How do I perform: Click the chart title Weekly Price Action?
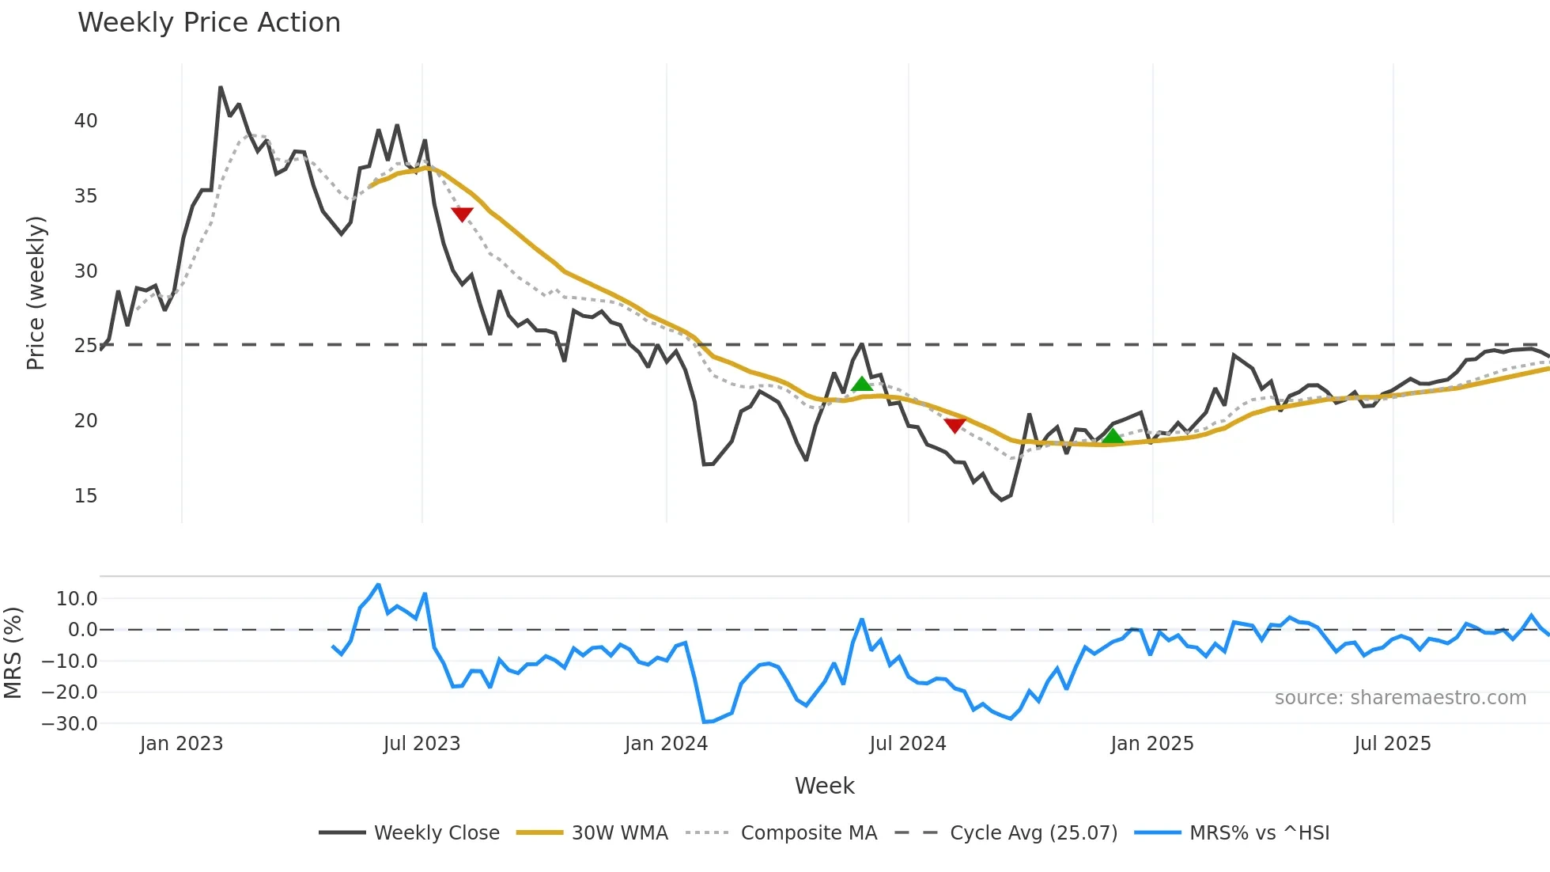pos(209,23)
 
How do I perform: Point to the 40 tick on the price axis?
pos(85,121)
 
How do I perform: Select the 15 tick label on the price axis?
pos(85,496)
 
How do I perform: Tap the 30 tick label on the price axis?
pos(85,271)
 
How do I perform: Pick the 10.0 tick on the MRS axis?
pos(77,599)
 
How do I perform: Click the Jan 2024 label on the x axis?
pos(666,744)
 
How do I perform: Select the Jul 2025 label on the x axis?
pos(1393,744)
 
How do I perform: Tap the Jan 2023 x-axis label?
pos(181,744)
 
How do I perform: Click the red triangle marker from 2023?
pos(462,214)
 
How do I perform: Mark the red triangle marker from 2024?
pos(955,425)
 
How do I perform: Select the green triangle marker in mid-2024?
pos(862,385)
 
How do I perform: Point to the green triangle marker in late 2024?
pos(1113,436)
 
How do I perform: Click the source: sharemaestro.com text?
pos(1400,698)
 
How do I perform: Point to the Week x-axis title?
pos(824,786)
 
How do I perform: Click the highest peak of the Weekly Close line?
pos(221,87)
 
